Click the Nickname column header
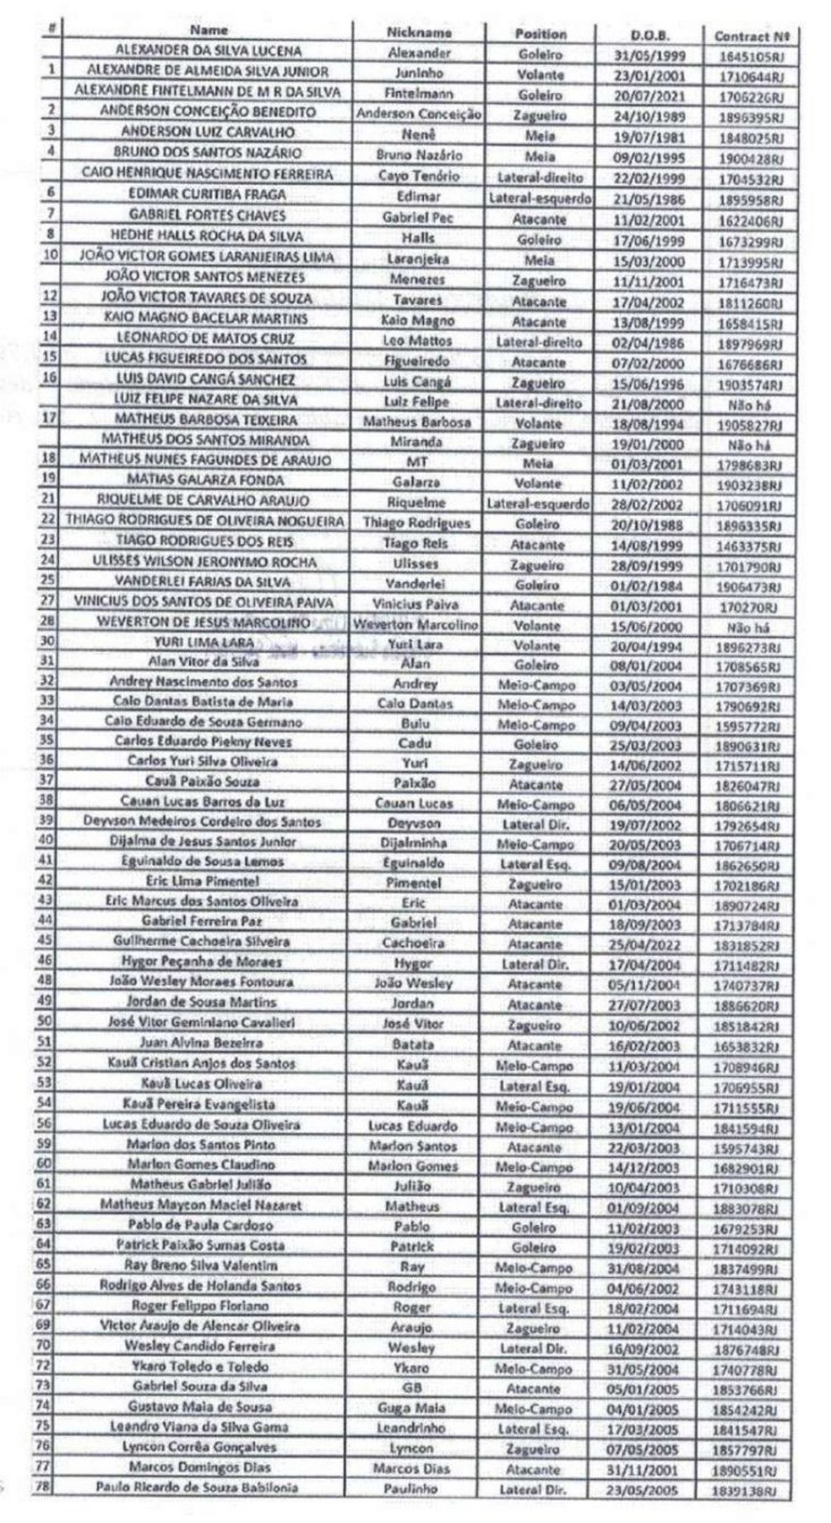click(418, 32)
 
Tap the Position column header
click(540, 34)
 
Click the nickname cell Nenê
click(418, 134)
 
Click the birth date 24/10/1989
click(649, 117)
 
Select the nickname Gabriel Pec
click(418, 217)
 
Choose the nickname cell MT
click(416, 462)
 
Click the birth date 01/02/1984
click(648, 586)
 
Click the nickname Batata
click(413, 1044)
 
